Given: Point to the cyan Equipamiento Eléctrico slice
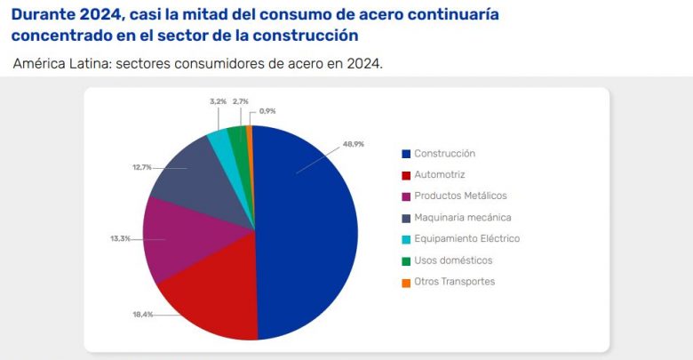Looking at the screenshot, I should click(219, 140).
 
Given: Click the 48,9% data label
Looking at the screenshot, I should click(354, 142).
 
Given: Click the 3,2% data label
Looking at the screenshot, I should click(218, 101).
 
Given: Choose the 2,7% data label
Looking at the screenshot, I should click(240, 101).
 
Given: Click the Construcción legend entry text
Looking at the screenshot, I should click(444, 153).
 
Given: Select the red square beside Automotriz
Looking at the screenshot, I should click(406, 175).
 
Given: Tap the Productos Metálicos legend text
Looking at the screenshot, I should click(461, 196).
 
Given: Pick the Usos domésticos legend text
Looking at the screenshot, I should click(453, 260).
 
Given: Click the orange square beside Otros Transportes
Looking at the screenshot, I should click(406, 282).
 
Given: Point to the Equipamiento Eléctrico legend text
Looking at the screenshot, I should click(466, 238).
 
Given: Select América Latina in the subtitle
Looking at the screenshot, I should click(53, 65).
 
